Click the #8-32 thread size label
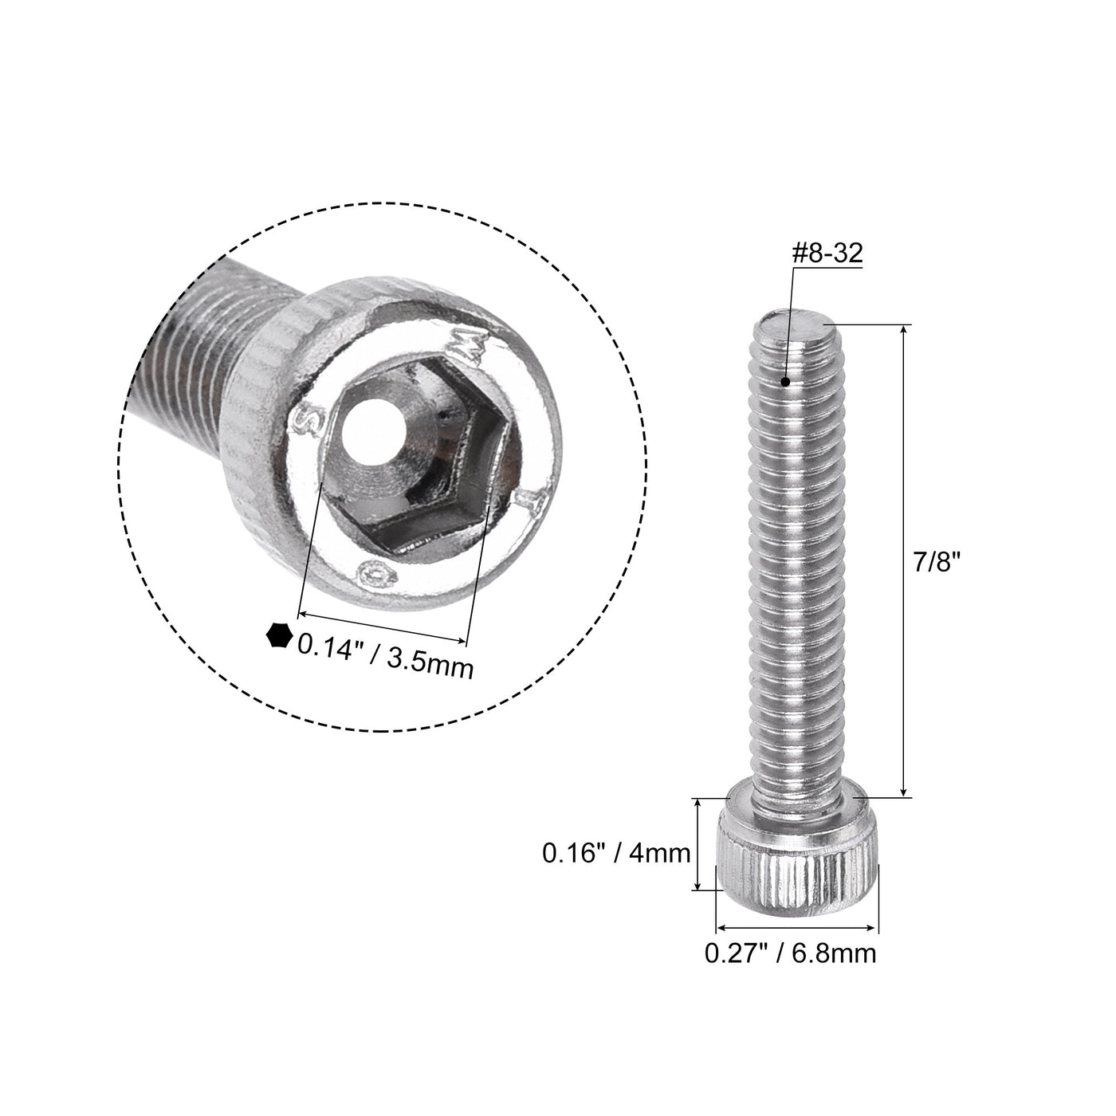point(827,253)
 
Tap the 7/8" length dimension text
point(937,562)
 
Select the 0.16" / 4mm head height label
point(616,853)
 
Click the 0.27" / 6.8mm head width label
point(790,953)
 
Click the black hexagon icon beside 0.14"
point(277,635)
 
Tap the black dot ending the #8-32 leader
point(785,382)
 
